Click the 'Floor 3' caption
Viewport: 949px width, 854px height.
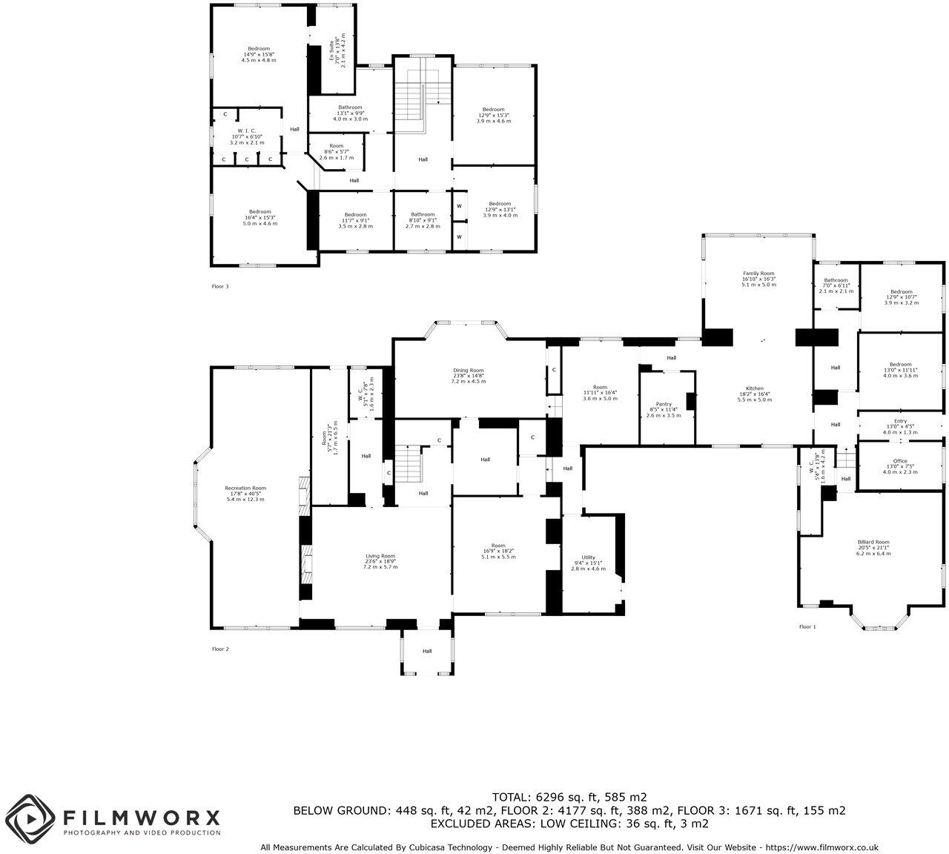click(x=220, y=286)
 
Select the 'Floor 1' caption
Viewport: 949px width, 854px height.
click(x=807, y=627)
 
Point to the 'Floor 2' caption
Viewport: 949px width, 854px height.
click(x=220, y=649)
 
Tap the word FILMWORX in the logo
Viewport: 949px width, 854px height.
click(x=142, y=818)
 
